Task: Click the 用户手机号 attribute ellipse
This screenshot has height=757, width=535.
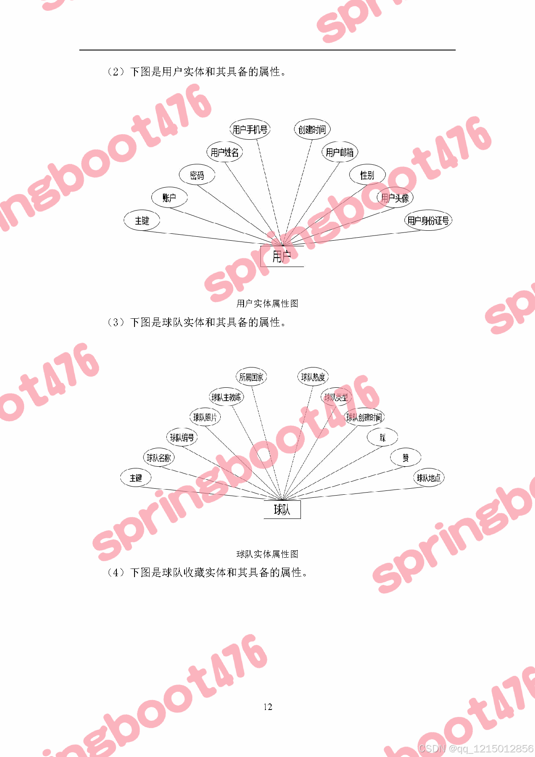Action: (x=250, y=129)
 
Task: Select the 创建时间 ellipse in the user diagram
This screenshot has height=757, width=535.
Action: (x=312, y=129)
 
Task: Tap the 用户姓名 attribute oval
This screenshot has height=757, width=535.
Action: (x=225, y=152)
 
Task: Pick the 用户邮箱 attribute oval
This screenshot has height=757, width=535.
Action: (x=340, y=152)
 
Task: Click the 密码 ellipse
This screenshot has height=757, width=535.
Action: (x=197, y=175)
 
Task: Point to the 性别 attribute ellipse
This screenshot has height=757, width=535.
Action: (x=367, y=175)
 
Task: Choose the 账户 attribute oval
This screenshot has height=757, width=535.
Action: (x=169, y=198)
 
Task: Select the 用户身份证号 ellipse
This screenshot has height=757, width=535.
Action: (x=428, y=221)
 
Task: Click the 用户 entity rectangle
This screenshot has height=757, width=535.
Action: (x=282, y=257)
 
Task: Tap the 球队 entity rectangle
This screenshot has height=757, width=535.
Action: (x=282, y=510)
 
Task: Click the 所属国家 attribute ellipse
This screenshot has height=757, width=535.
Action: (x=251, y=377)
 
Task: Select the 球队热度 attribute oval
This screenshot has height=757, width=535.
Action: (x=313, y=377)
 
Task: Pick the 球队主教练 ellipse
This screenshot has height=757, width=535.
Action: (x=226, y=397)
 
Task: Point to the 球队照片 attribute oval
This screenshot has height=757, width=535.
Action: (x=205, y=418)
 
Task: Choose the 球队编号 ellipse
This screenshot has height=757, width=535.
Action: (x=182, y=438)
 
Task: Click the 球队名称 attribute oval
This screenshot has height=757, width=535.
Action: (x=159, y=458)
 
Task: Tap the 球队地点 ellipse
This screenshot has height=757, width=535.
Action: (x=429, y=478)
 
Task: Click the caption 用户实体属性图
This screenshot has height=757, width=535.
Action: (x=267, y=304)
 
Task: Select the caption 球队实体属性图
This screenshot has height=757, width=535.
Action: (x=267, y=554)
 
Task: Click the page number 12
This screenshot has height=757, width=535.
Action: (x=268, y=707)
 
